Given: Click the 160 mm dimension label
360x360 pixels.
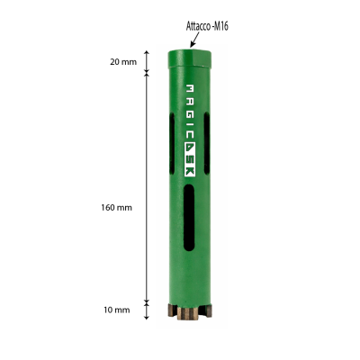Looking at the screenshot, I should click(117, 207).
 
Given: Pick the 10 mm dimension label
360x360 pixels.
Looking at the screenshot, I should click(117, 310).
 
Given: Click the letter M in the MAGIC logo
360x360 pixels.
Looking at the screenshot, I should click(189, 90).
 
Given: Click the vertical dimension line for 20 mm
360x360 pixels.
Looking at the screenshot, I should click(148, 61).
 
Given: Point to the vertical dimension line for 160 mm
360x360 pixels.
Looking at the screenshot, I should click(148, 189).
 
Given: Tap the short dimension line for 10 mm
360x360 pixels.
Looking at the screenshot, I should click(148, 310).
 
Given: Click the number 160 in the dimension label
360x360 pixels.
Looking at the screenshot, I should click(111, 207).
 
